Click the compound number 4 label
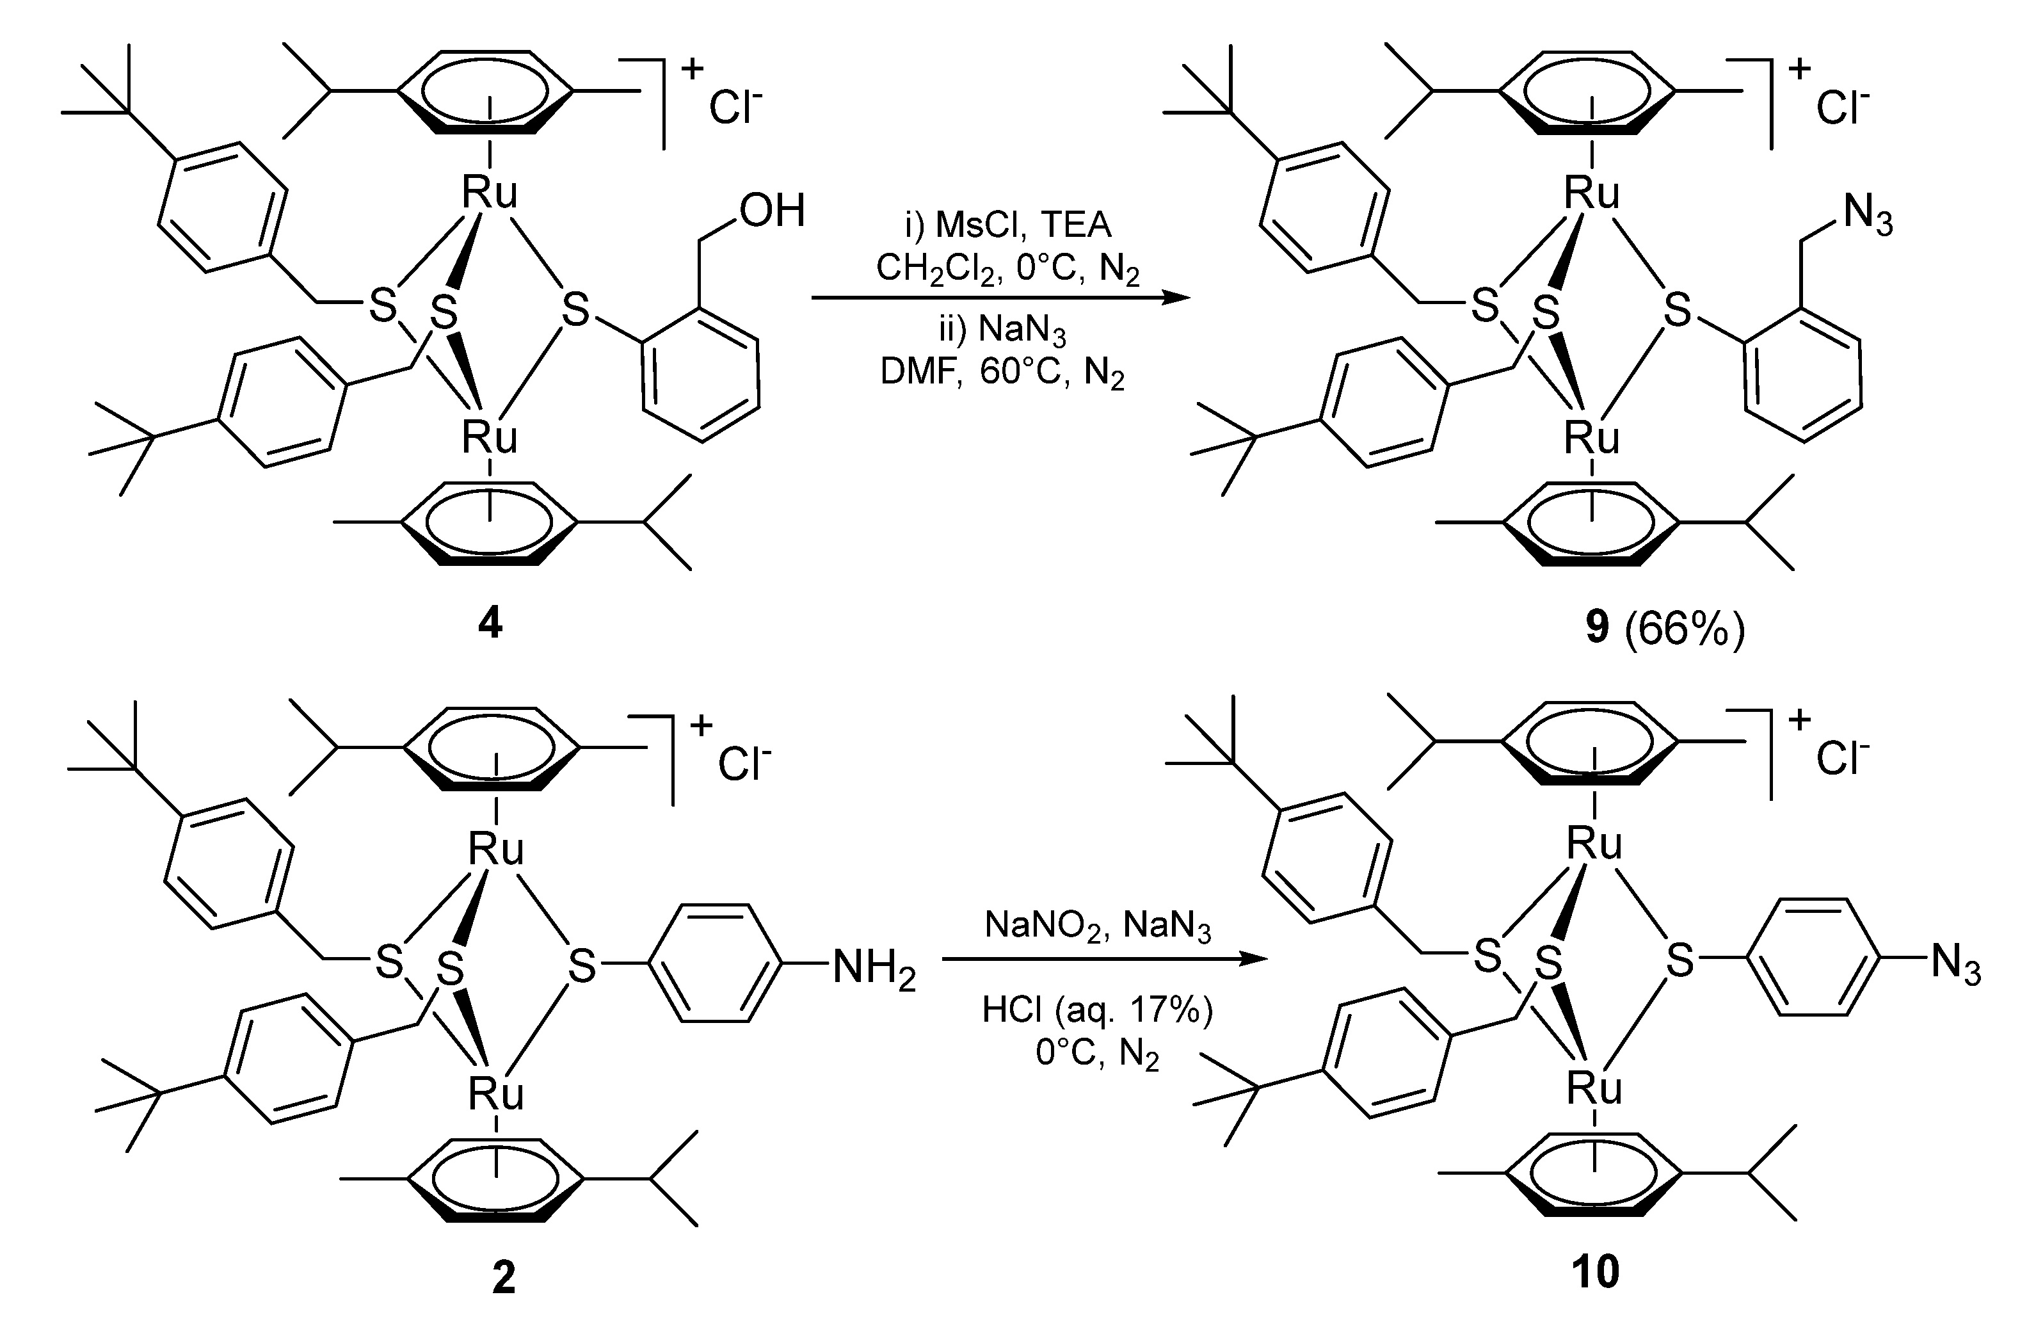[x=490, y=625]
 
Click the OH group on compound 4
[x=771, y=211]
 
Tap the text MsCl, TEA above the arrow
[x=1007, y=225]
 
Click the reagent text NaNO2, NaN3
[x=1098, y=925]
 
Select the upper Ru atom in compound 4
[x=489, y=193]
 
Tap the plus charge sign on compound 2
[x=701, y=724]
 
